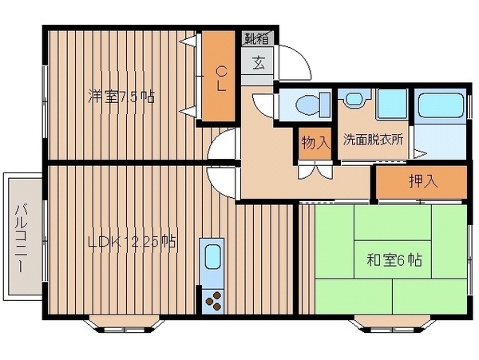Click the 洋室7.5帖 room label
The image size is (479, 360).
[121, 97]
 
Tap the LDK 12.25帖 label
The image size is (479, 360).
[132, 242]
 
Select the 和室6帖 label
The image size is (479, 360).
[394, 260]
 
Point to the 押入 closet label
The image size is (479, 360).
[423, 182]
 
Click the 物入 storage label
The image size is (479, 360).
[316, 143]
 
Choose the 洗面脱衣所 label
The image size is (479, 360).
[373, 140]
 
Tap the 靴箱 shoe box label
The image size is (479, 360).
[257, 39]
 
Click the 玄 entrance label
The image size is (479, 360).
[259, 63]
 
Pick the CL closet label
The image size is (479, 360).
[221, 79]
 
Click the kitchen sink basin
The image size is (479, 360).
[212, 257]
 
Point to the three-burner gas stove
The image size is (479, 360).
[214, 301]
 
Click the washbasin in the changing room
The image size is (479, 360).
[354, 97]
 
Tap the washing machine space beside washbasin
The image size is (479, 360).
[392, 104]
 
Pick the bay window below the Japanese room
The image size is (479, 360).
[393, 325]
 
